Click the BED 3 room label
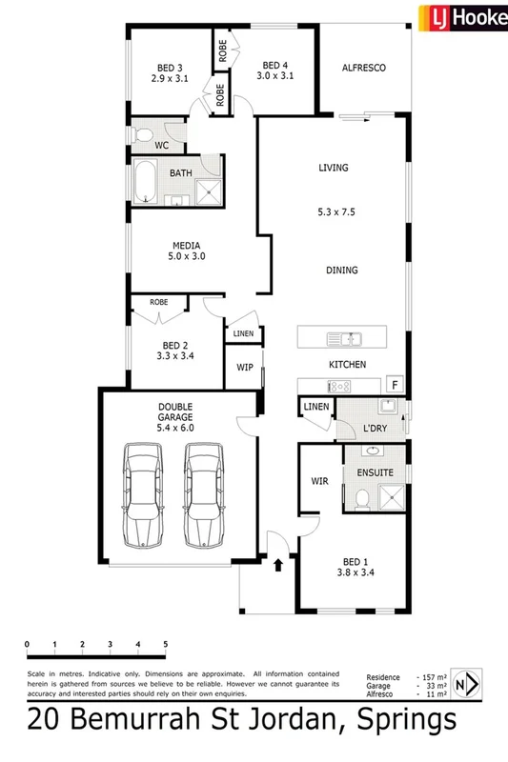pyautogui.click(x=171, y=68)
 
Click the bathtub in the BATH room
pyautogui.click(x=145, y=182)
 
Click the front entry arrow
pyautogui.click(x=278, y=565)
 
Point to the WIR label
pyautogui.click(x=319, y=482)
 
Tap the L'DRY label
pyautogui.click(x=373, y=429)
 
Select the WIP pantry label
pyautogui.click(x=243, y=366)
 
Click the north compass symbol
pyautogui.click(x=466, y=684)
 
